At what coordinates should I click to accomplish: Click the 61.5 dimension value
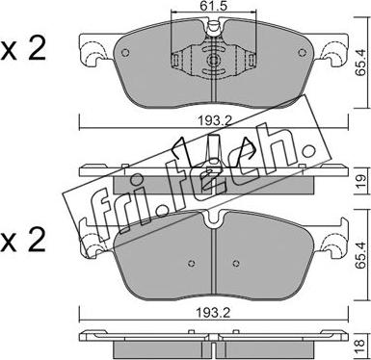coord(214,6)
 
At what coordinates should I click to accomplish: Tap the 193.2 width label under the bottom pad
coord(214,313)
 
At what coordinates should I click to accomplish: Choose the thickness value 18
coord(361,347)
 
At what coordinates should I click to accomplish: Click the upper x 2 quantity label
coord(23,49)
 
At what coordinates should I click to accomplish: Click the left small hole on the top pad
coord(126,53)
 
